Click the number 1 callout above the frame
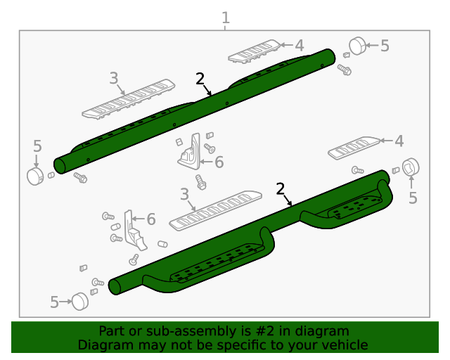[225, 17]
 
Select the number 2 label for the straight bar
[200, 79]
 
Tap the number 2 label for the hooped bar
[281, 188]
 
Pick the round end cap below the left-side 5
[35, 175]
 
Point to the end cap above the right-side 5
[409, 168]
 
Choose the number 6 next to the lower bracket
[151, 219]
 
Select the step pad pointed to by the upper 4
[255, 51]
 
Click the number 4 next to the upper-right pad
[300, 46]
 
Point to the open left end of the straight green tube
[60, 165]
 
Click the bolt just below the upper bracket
[201, 181]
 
